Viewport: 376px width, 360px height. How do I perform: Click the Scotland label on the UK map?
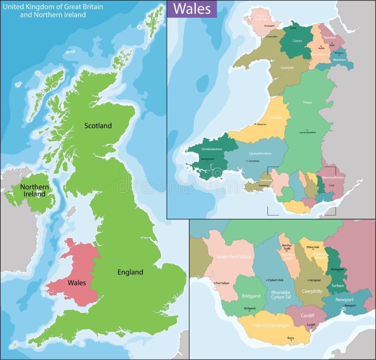click(98, 126)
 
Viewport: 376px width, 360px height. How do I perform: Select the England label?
click(130, 272)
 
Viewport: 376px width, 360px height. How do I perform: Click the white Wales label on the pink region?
click(76, 283)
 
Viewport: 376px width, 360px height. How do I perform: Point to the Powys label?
click(307, 102)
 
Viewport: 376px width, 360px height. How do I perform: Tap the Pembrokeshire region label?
click(211, 149)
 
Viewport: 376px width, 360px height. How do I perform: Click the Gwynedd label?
click(287, 67)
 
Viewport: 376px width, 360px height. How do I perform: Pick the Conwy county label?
click(297, 40)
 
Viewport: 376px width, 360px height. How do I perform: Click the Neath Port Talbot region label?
click(234, 257)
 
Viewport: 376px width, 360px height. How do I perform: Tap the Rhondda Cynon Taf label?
click(274, 295)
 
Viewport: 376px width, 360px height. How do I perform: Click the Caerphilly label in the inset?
click(312, 291)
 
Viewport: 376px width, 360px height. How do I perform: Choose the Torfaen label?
click(338, 286)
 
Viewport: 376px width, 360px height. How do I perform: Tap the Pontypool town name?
click(337, 270)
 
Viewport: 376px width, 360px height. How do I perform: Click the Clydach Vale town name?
click(275, 280)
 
